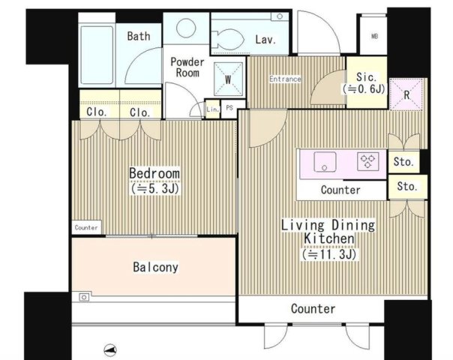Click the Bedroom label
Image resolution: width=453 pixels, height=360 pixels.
pyautogui.click(x=154, y=173)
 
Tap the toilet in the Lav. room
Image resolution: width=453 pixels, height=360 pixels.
pyautogui.click(x=228, y=39)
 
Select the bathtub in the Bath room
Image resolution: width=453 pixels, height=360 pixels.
pyautogui.click(x=97, y=55)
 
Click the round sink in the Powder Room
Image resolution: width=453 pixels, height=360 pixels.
pyautogui.click(x=186, y=28)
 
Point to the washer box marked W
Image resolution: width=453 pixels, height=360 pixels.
pyautogui.click(x=228, y=79)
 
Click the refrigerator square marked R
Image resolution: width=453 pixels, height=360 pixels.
pyautogui.click(x=406, y=94)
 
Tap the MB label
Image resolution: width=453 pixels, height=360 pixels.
pyautogui.click(x=374, y=37)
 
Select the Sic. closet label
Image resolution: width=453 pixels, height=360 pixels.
pyautogui.click(x=366, y=76)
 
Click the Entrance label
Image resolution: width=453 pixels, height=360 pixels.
pyautogui.click(x=285, y=79)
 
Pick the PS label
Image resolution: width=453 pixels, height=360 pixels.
pyautogui.click(x=229, y=108)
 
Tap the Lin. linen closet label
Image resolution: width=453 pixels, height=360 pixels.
pyautogui.click(x=213, y=109)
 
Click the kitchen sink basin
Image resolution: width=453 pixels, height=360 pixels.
pyautogui.click(x=325, y=161)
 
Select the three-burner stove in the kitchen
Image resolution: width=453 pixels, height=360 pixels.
pyautogui.click(x=367, y=161)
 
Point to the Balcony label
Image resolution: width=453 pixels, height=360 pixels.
pyautogui.click(x=155, y=267)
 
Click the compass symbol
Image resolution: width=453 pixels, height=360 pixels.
pyautogui.click(x=110, y=350)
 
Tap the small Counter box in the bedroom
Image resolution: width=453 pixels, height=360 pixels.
pyautogui.click(x=86, y=227)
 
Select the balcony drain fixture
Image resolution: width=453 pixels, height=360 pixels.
pyautogui.click(x=84, y=297)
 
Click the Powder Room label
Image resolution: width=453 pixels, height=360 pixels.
pyautogui.click(x=187, y=67)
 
